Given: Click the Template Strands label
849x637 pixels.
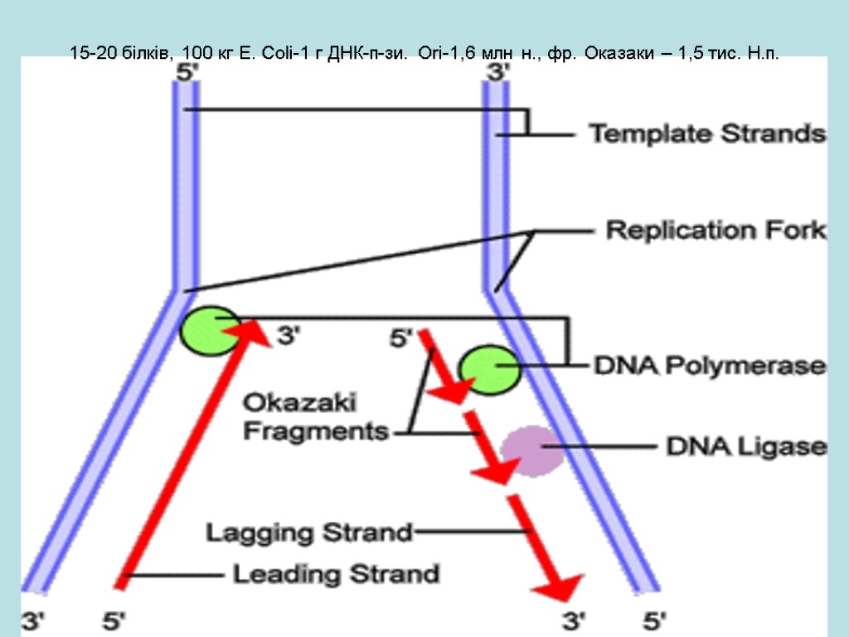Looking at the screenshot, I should (706, 134).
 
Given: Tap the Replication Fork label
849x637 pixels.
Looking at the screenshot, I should (716, 230).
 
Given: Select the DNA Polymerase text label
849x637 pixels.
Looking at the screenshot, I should (711, 365).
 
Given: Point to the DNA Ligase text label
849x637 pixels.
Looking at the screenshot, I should (746, 447).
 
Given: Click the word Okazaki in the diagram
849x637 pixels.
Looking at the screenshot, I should (299, 404).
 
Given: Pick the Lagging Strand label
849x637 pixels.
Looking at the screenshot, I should (309, 532).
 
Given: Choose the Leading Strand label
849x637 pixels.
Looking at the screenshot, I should (335, 573).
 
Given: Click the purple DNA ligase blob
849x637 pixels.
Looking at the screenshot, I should (531, 450).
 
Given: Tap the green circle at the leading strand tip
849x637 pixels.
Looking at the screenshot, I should (206, 330).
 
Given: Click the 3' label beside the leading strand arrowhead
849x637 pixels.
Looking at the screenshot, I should (288, 337).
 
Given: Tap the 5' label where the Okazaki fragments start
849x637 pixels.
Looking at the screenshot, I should (401, 338).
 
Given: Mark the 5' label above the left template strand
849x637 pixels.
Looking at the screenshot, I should (187, 72).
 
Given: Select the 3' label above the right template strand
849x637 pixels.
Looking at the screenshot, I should (497, 72).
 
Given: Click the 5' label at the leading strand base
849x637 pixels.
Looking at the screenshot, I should (114, 619).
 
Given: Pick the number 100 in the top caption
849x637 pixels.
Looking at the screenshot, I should (194, 54).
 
